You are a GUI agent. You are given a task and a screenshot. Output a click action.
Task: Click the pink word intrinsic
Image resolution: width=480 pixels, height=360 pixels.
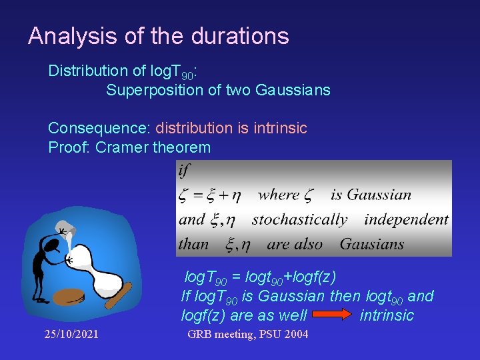coord(280,128)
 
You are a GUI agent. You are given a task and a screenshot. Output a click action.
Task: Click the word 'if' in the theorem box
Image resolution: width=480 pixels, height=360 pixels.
coord(184,171)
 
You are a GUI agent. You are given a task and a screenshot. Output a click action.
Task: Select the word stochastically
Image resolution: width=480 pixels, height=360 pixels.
coord(300,219)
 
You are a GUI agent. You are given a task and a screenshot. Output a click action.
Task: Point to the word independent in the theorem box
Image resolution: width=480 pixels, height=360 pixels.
coord(407,219)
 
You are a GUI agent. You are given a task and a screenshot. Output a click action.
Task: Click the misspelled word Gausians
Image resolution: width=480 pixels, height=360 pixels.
coord(372,244)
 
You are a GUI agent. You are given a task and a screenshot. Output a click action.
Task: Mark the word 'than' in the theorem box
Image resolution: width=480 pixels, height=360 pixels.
coord(194,244)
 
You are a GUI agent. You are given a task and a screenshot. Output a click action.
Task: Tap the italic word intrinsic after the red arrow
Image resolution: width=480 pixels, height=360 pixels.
coord(387,315)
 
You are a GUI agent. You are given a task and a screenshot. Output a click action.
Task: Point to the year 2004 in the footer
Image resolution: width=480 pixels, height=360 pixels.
coord(296,334)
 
